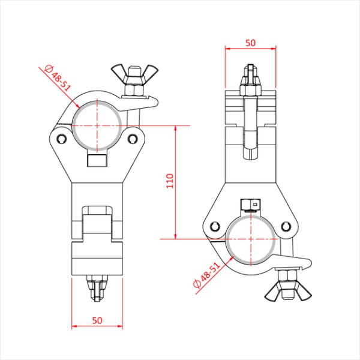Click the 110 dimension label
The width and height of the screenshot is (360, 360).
[x=170, y=181]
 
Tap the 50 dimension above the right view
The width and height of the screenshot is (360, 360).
[x=250, y=43]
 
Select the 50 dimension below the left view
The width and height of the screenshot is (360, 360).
[x=97, y=320]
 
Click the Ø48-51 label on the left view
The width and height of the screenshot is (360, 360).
[x=58, y=78]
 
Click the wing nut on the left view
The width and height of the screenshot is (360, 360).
[x=135, y=73]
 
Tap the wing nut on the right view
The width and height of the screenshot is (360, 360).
[x=288, y=292]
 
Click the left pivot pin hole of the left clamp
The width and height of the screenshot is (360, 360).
[x=62, y=139]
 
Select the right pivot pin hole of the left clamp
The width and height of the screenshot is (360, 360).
[x=133, y=139]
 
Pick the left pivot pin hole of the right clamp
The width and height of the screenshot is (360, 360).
[x=215, y=227]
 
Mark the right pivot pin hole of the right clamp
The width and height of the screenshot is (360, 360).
[x=286, y=227]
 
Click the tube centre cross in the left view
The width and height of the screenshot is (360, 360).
[x=97, y=125]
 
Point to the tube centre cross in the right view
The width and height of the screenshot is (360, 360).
[x=251, y=239]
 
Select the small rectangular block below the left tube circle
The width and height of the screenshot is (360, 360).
[x=97, y=160]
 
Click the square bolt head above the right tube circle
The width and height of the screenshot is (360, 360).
[x=250, y=205]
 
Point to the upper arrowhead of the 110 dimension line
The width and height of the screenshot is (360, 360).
[x=176, y=128]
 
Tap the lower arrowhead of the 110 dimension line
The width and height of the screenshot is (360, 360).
[x=176, y=236]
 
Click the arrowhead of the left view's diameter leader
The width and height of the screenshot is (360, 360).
[x=77, y=106]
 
